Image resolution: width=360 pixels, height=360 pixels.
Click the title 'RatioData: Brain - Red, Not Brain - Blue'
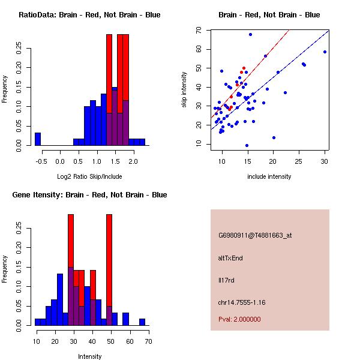click(x=89, y=14)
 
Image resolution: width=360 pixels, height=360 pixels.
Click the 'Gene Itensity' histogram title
click(x=89, y=194)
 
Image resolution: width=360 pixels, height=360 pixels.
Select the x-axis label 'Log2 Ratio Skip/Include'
click(x=89, y=176)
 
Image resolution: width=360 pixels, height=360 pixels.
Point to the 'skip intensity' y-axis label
click(x=184, y=90)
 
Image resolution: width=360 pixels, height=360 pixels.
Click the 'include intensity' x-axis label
click(x=269, y=176)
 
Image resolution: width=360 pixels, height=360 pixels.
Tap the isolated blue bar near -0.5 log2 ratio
click(x=38, y=139)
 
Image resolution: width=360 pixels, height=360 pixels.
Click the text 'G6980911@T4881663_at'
click(x=254, y=235)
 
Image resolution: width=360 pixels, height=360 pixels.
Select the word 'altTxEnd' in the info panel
click(x=230, y=258)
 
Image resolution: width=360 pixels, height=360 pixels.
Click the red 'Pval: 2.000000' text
click(x=239, y=319)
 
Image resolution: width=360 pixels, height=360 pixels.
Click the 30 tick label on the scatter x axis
click(x=325, y=161)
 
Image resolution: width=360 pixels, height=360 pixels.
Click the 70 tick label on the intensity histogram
click(x=148, y=341)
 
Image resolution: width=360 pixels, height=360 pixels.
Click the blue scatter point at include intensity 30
click(x=325, y=52)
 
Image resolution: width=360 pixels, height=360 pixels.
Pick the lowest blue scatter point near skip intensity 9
click(x=247, y=145)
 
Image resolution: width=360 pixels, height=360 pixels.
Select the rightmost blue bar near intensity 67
click(x=142, y=322)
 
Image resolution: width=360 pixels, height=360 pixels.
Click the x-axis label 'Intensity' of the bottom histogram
click(x=89, y=356)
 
